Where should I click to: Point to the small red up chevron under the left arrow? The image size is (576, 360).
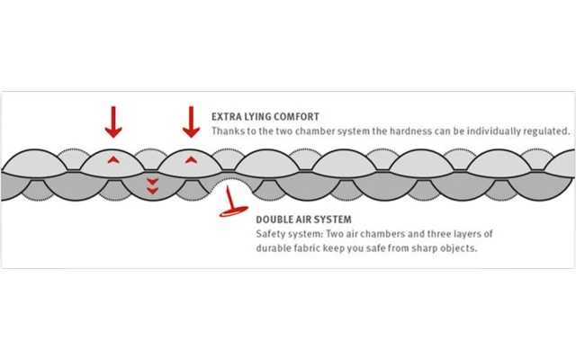click(112, 158)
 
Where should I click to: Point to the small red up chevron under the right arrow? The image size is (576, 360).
click(191, 158)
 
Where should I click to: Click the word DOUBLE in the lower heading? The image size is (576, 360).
click(274, 219)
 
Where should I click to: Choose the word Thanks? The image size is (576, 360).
click(228, 131)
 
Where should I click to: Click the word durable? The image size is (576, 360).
click(276, 247)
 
